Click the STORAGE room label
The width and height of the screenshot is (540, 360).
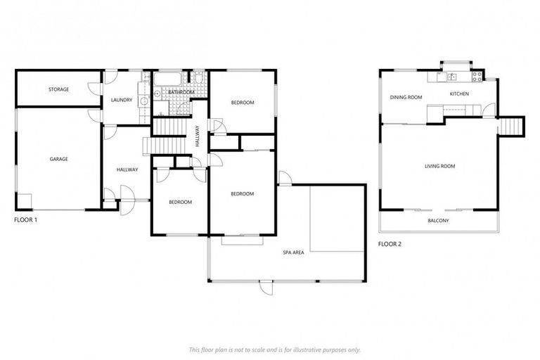(x=58, y=89)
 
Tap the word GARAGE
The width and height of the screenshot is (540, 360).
(x=58, y=159)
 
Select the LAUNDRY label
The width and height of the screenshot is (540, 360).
(x=122, y=100)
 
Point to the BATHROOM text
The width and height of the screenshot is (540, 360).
(x=181, y=92)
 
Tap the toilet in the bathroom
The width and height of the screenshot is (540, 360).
(x=199, y=79)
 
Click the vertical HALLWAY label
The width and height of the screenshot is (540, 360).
(x=198, y=135)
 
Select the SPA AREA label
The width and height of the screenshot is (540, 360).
(x=293, y=252)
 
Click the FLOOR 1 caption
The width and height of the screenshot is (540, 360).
(x=25, y=220)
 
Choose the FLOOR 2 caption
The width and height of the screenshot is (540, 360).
(x=390, y=244)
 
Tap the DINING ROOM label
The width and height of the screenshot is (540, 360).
(x=406, y=97)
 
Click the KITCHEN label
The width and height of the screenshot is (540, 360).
(x=459, y=94)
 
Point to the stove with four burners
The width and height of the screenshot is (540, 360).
(x=476, y=76)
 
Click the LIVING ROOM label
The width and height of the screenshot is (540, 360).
(x=439, y=166)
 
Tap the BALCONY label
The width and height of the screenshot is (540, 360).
(x=438, y=221)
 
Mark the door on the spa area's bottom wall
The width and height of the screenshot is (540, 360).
(x=266, y=286)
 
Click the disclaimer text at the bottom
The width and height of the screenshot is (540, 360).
(x=274, y=349)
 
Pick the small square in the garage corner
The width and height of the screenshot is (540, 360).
(x=25, y=200)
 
